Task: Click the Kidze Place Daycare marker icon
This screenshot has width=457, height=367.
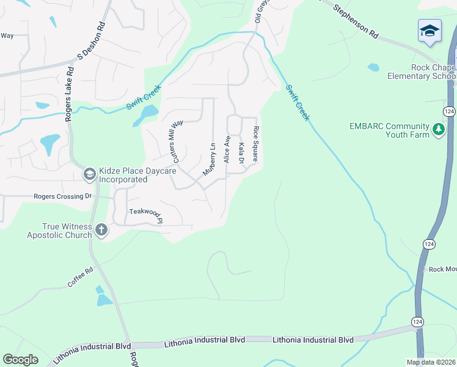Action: [x=89, y=175]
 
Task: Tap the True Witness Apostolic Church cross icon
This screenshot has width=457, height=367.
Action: [x=101, y=231]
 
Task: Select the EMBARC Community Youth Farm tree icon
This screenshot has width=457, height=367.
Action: [x=438, y=130]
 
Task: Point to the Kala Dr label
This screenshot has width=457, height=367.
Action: [x=241, y=152]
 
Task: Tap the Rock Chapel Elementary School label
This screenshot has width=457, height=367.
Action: [x=422, y=72]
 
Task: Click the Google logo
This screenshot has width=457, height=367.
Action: [x=21, y=360]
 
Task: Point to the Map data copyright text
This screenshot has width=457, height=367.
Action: [x=431, y=362]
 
